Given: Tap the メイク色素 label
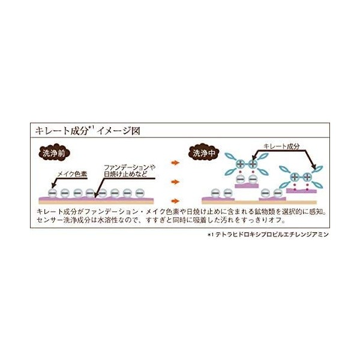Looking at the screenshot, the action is click(x=73, y=174).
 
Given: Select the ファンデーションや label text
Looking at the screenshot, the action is click(x=129, y=166).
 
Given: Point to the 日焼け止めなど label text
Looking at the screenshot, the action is click(x=125, y=174).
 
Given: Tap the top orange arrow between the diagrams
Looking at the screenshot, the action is click(x=175, y=163).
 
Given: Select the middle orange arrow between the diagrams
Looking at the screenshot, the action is click(x=175, y=181).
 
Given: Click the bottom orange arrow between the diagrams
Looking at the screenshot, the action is click(x=175, y=200).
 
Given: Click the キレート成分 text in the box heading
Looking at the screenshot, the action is click(x=58, y=130).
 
